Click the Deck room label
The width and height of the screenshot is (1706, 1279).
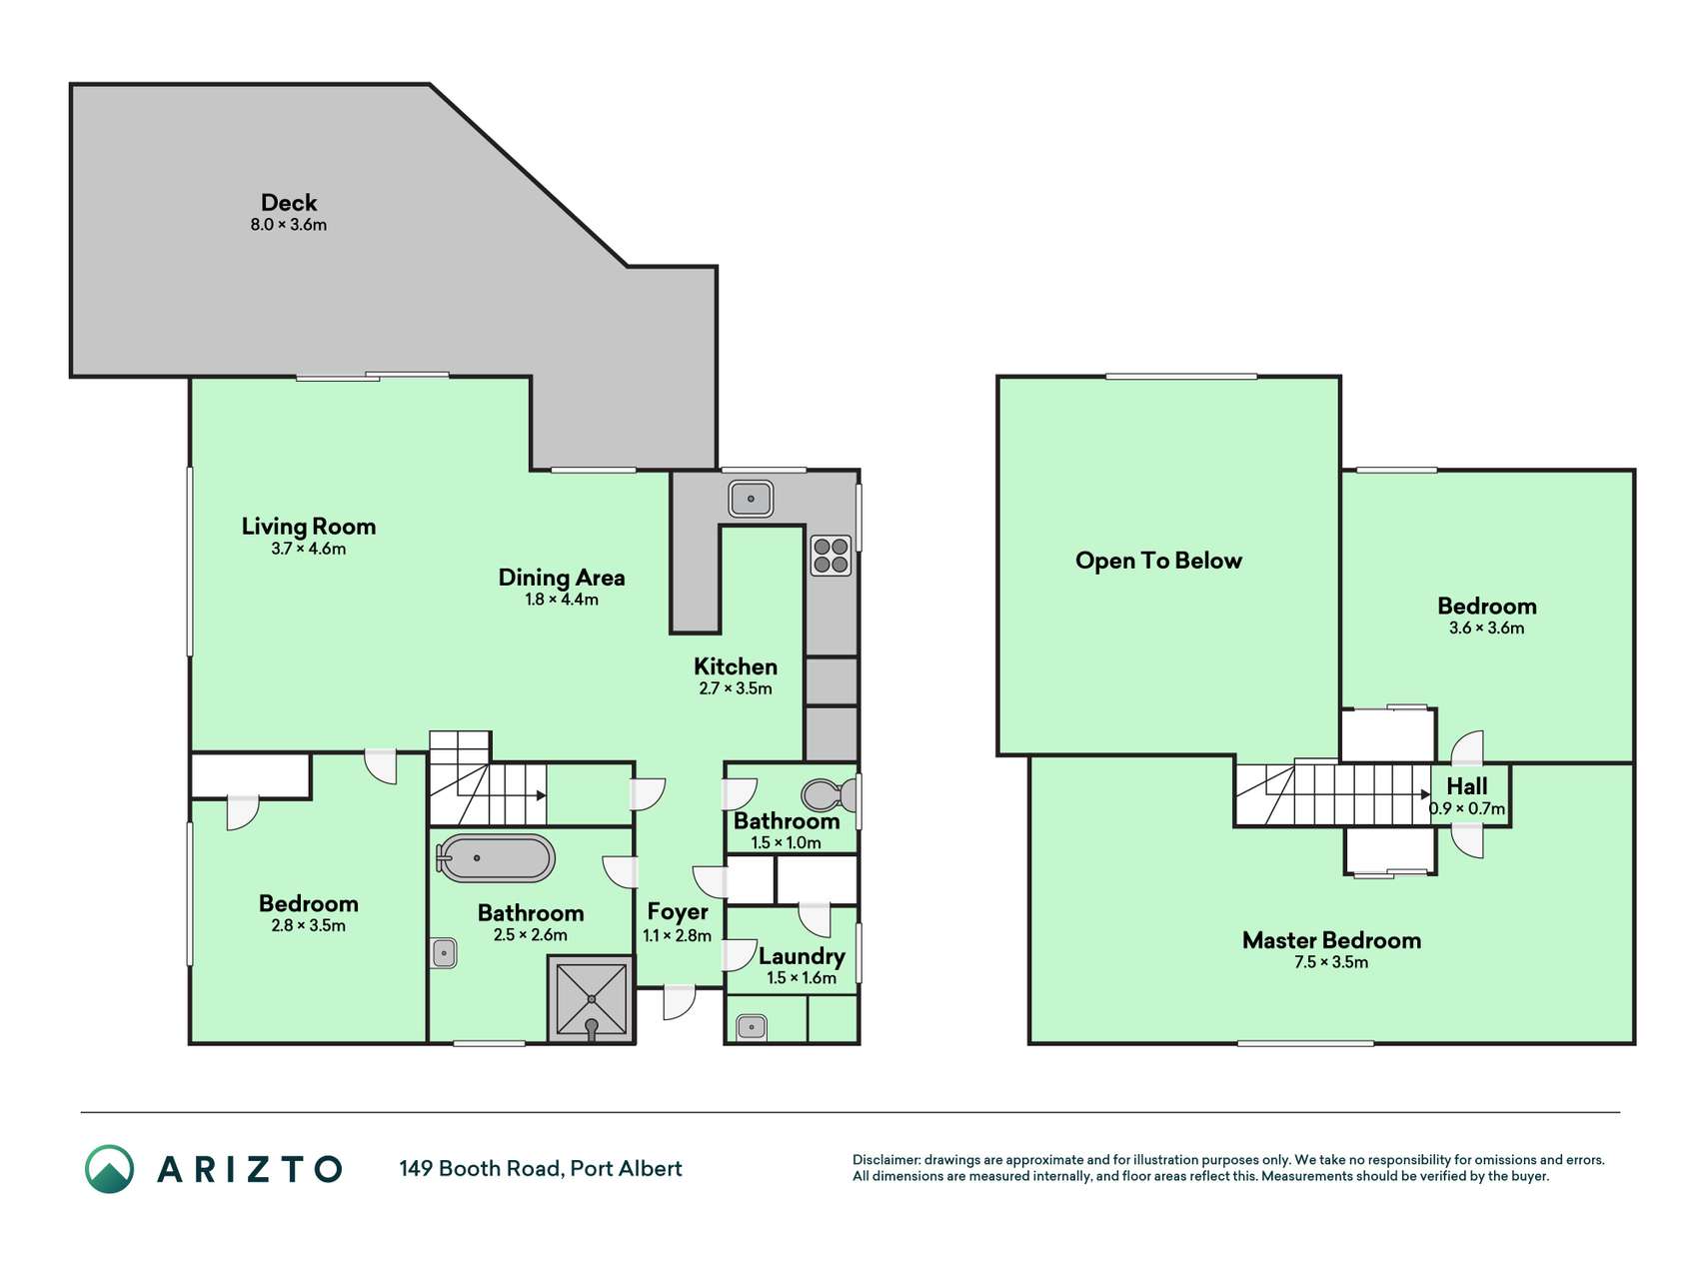(289, 203)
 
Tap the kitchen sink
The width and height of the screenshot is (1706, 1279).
(751, 498)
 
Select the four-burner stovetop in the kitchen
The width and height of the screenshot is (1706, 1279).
(831, 556)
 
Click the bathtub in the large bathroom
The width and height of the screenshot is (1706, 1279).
(495, 858)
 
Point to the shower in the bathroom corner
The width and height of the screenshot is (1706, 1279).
(591, 999)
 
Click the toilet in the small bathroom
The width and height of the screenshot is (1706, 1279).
(830, 795)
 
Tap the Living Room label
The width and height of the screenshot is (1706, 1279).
(309, 527)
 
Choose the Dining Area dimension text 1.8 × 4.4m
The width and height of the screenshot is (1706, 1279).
(562, 600)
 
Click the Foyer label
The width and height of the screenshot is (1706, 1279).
(678, 911)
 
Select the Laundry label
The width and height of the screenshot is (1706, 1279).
(802, 956)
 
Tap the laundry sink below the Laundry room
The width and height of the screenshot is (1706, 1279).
(751, 1027)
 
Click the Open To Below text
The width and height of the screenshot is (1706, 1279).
(1158, 561)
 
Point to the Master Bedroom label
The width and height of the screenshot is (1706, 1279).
(1331, 940)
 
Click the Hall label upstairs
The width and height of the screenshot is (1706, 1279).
(1467, 786)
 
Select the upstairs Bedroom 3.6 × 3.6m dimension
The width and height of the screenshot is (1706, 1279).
(1487, 629)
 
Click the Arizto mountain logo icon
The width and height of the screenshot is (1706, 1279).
(109, 1169)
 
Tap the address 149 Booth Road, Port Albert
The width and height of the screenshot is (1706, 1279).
(541, 1169)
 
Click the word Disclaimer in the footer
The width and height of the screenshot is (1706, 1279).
(886, 1160)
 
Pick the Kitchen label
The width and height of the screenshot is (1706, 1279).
(736, 666)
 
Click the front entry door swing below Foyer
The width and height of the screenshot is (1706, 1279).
(680, 1002)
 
